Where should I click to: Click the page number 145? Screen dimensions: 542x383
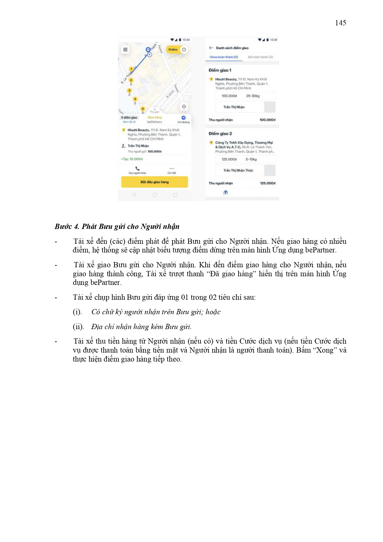(x=340, y=23)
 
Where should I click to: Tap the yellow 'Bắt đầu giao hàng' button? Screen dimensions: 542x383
(x=154, y=182)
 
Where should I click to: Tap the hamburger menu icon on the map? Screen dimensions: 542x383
(x=125, y=49)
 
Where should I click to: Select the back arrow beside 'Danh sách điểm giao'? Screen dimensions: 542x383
(x=211, y=48)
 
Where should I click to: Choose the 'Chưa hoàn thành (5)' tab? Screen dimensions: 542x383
(x=224, y=57)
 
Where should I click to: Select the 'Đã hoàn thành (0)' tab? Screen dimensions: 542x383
(x=260, y=57)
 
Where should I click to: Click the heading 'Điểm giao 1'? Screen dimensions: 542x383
(x=220, y=70)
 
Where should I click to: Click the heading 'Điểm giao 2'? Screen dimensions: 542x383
(x=220, y=134)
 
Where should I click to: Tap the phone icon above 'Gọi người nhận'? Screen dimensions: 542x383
(x=137, y=169)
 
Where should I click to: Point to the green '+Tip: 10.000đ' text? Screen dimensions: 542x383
(x=132, y=159)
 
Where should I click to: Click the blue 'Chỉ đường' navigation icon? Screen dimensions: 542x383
(x=184, y=118)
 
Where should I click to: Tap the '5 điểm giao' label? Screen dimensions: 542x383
(x=129, y=118)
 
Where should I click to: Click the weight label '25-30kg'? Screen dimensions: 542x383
(x=253, y=96)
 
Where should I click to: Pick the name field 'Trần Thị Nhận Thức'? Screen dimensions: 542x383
(x=238, y=171)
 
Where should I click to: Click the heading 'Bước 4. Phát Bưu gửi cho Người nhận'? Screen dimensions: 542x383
(x=117, y=227)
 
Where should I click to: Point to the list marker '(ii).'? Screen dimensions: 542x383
(x=78, y=327)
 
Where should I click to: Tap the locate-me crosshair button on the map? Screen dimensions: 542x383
(x=184, y=107)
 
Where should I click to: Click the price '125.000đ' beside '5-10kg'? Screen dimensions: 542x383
(x=229, y=159)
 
